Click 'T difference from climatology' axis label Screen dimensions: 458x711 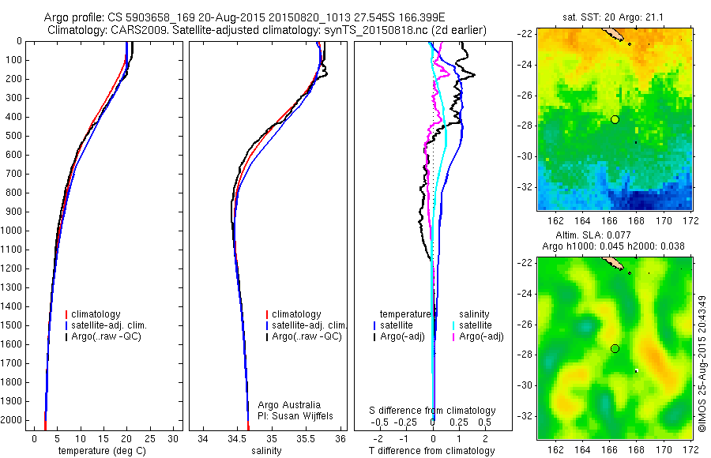click(x=433, y=451)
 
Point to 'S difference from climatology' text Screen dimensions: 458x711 click(x=433, y=411)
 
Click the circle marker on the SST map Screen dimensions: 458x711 click(x=615, y=119)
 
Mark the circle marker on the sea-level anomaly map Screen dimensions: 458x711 click(x=615, y=348)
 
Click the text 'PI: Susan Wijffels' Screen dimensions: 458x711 click(x=296, y=415)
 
